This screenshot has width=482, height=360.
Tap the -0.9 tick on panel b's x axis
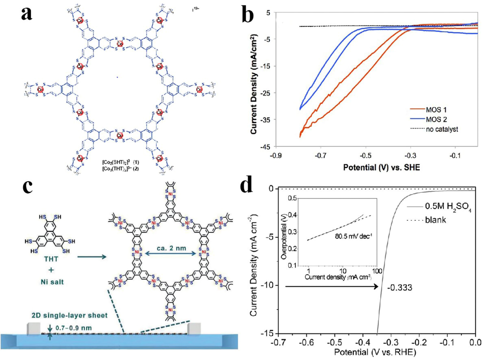(276, 156)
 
